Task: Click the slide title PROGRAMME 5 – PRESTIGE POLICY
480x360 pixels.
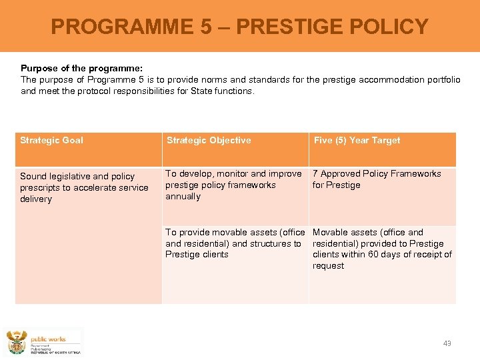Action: click(x=239, y=27)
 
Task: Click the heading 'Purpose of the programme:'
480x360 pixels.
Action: click(x=82, y=68)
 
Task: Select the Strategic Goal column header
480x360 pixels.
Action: click(x=52, y=141)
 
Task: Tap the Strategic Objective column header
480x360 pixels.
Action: click(x=209, y=141)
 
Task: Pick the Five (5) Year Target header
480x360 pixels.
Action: click(x=357, y=141)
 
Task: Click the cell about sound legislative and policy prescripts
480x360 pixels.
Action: click(x=84, y=187)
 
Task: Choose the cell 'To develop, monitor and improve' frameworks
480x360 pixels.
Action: click(x=233, y=185)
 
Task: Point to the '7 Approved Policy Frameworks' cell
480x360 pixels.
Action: click(x=377, y=179)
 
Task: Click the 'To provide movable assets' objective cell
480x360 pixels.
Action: click(x=235, y=243)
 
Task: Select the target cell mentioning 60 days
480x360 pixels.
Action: click(x=382, y=249)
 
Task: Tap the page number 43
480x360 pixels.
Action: click(x=447, y=343)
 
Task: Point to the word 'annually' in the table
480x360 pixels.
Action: click(x=183, y=197)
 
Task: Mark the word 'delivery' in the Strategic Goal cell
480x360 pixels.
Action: click(x=36, y=199)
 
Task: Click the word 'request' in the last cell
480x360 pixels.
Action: click(x=329, y=266)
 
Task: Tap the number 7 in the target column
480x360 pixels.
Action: click(x=315, y=174)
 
